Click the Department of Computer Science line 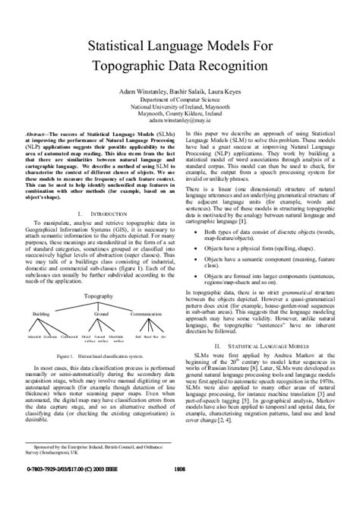click(x=180, y=99)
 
